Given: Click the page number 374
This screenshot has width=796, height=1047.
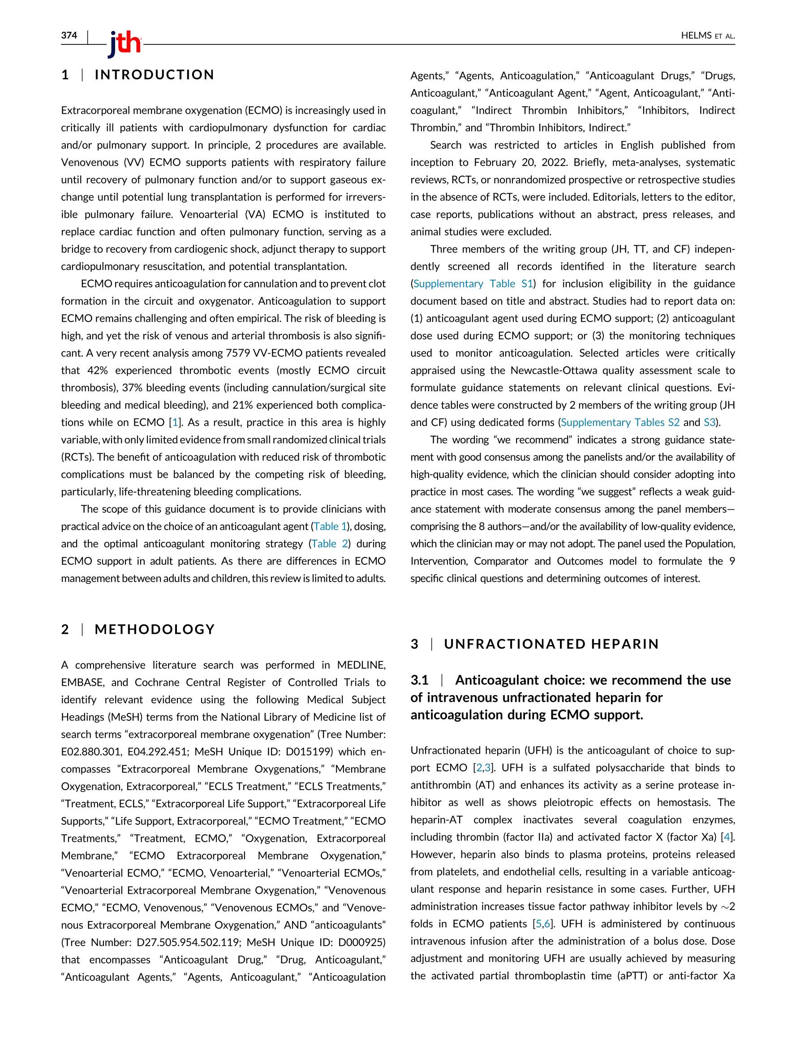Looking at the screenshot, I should [x=69, y=35].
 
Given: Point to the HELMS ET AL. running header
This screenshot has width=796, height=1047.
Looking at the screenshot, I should [x=707, y=35].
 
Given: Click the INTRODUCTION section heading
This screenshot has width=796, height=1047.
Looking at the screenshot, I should [x=155, y=75].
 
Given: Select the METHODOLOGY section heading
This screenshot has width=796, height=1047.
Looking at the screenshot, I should [x=155, y=629].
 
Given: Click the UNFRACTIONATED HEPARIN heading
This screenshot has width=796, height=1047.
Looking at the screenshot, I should [x=551, y=644].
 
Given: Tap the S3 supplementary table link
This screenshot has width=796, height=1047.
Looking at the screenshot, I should [x=709, y=422].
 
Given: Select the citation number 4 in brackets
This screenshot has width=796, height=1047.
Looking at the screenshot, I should [x=727, y=837].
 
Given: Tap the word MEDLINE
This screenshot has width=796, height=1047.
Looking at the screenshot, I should [x=361, y=665].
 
